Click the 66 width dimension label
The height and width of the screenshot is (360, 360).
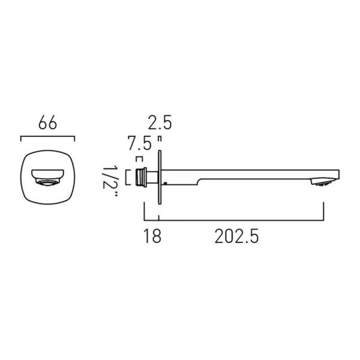pos(47,122)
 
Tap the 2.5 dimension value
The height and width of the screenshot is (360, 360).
pos(160,122)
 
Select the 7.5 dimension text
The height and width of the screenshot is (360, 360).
pos(140,143)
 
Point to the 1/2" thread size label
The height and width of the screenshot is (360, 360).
pos(110,181)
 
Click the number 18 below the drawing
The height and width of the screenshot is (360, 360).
pos(152,236)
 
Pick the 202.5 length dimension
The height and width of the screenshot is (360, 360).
pos(237,236)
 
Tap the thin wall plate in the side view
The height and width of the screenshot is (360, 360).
pos(160,177)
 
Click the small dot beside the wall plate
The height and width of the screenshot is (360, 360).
pos(165,183)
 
